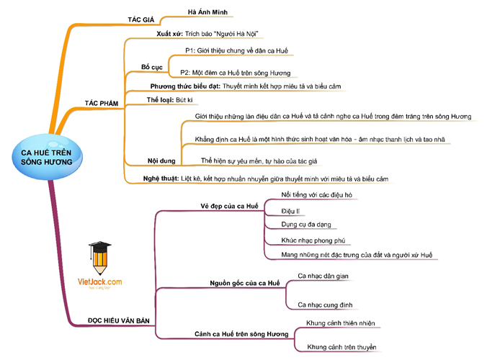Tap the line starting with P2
[235, 73]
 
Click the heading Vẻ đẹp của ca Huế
[229, 206]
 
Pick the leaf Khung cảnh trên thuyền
[341, 347]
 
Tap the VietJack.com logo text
[100, 283]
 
